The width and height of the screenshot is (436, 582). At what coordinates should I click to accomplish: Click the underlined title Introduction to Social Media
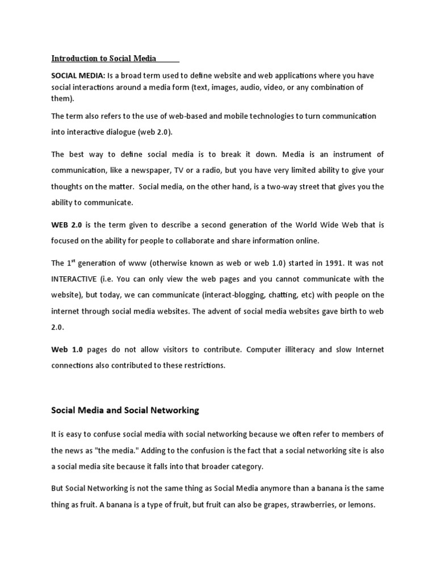tap(104, 59)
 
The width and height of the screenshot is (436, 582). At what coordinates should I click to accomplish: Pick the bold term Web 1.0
tap(67, 350)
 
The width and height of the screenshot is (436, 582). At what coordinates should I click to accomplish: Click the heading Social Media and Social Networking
tap(125, 410)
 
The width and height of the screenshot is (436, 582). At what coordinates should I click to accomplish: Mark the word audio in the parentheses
tap(251, 87)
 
